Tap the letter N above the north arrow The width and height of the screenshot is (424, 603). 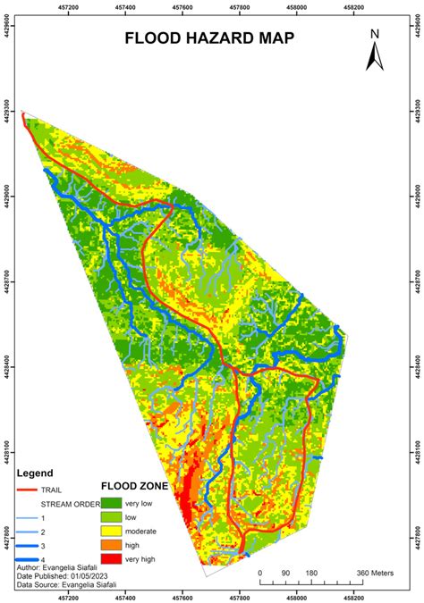(x=376, y=34)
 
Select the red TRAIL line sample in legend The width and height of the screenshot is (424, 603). (x=30, y=490)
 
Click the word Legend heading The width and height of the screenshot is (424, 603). (x=35, y=473)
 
